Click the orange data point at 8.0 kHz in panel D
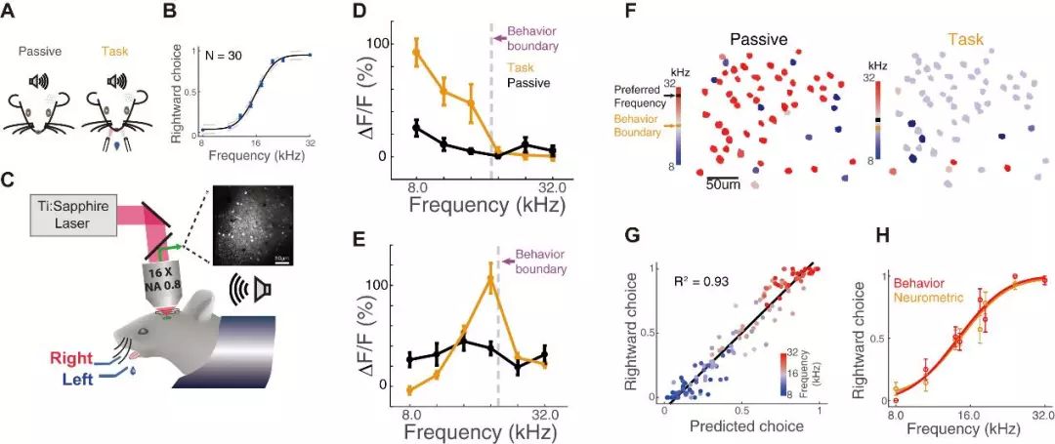[x=418, y=53]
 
